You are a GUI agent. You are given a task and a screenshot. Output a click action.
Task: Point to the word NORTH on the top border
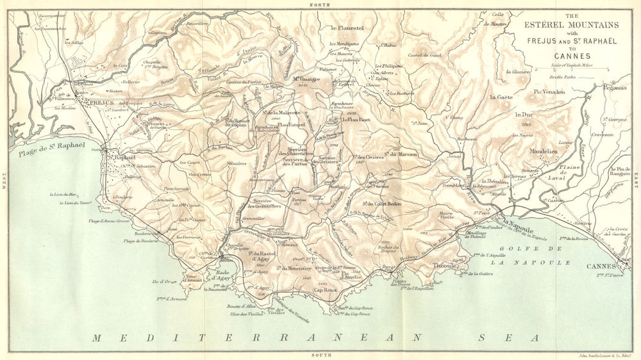(x=319, y=4)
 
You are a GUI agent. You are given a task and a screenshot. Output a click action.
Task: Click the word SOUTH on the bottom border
(x=319, y=355)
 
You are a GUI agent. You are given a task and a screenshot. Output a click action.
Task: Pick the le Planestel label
(x=347, y=28)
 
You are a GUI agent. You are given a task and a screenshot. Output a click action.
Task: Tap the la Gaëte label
(x=502, y=97)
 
